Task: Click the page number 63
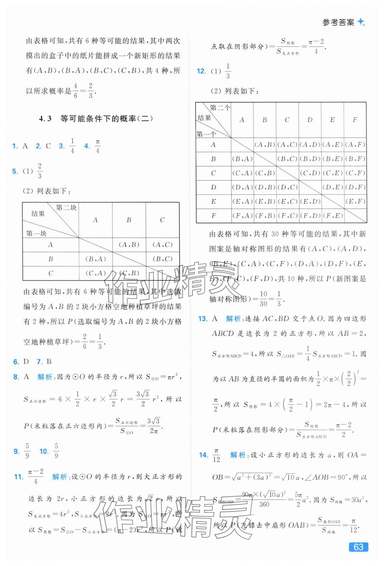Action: pos(359,547)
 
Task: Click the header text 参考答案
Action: pos(338,22)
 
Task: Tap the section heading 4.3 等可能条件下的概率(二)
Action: pos(96,119)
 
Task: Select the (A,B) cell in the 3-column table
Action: pos(129,245)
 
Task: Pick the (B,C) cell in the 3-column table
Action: pos(162,259)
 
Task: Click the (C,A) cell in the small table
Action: pos(95,273)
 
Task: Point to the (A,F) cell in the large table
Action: pos(355,144)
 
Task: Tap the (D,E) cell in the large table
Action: pos(332,187)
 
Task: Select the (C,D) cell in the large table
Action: pos(310,173)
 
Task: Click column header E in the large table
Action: pos(332,120)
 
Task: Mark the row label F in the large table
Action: pos(214,216)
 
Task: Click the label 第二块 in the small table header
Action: pos(66,208)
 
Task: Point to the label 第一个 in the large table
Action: pos(206,134)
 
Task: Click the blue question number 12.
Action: pos(201,71)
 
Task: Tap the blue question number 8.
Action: pos(16,377)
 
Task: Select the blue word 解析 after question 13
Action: pos(234,319)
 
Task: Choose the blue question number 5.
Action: pos(15,171)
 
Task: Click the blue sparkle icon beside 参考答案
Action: pos(361,22)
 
